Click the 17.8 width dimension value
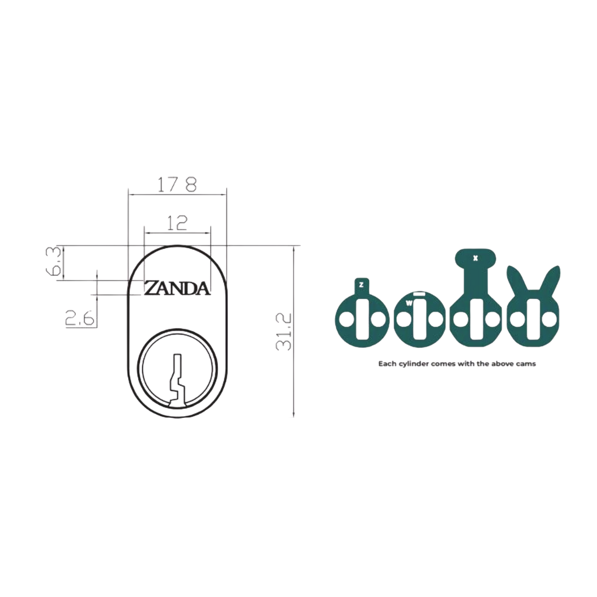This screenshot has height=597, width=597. coord(176,184)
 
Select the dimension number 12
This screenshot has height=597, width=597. coord(177,223)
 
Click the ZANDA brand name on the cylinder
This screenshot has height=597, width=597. coord(177,288)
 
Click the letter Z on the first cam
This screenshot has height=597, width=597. coord(361,285)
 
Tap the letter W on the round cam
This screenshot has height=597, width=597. coord(409,303)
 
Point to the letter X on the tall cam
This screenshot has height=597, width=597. coord(475,258)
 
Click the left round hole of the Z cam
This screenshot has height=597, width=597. coord(346,320)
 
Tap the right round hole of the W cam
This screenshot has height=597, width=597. coord(436,320)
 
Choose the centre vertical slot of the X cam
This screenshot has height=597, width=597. coord(475,320)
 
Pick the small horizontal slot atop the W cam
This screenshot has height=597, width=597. coord(420,294)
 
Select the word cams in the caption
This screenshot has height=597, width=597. coord(525,364)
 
